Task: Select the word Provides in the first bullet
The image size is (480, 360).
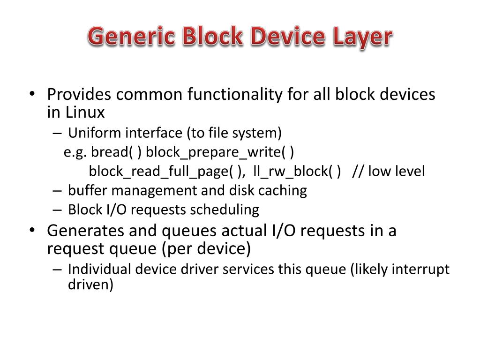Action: [79, 95]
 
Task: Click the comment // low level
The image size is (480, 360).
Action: [389, 172]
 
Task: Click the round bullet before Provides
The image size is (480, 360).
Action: [31, 95]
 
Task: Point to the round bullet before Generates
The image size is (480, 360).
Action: [31, 231]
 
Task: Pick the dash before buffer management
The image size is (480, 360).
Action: [57, 191]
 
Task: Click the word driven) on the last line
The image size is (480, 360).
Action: [89, 285]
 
